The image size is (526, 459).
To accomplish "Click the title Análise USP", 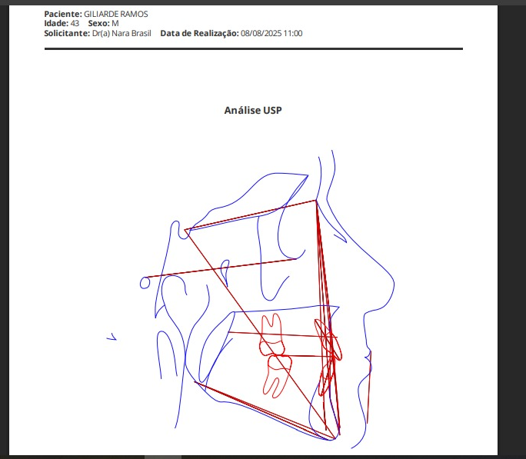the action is click(x=253, y=110).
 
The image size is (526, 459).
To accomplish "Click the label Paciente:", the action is click(x=63, y=14).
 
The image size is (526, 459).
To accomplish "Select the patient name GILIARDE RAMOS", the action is click(x=115, y=14).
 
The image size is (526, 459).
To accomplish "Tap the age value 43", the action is click(x=75, y=24).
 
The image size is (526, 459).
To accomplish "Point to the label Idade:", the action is click(x=56, y=24).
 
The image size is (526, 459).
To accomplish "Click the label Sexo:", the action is click(x=99, y=24).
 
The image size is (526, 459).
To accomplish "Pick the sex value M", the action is click(x=115, y=24).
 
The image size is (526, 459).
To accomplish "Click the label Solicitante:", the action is click(x=67, y=33).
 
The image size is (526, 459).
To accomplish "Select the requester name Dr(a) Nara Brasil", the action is click(x=122, y=33).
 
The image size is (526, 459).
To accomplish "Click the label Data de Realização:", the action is click(x=200, y=33).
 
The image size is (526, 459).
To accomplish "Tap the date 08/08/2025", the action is click(x=261, y=33).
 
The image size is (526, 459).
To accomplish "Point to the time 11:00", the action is click(x=293, y=33).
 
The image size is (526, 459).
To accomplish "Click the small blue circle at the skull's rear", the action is click(x=141, y=284).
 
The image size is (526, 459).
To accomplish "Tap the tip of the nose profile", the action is click(x=394, y=284).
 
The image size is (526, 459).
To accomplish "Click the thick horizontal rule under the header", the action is click(x=254, y=49).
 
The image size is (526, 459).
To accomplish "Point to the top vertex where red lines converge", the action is click(x=316, y=201).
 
